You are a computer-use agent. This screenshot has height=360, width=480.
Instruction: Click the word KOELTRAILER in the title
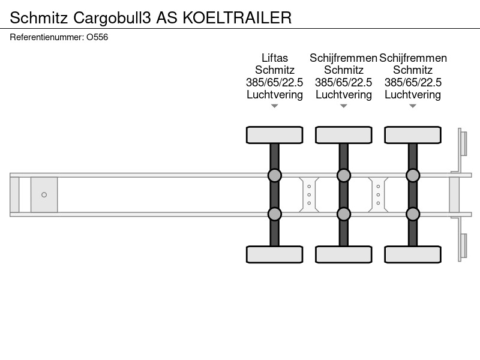point(237,18)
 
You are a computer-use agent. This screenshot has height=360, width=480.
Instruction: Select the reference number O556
point(97,37)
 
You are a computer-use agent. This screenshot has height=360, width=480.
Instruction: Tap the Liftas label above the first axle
point(275,58)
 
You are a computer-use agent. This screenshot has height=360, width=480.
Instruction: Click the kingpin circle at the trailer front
point(44,194)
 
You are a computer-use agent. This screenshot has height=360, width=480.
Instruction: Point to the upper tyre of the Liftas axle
point(275,135)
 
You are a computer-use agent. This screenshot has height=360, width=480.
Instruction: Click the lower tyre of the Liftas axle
point(275,254)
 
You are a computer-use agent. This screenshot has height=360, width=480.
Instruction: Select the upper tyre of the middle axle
point(344,135)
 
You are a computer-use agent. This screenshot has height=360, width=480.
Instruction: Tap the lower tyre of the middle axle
point(344,254)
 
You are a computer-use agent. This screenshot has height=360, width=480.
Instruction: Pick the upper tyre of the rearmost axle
point(413,135)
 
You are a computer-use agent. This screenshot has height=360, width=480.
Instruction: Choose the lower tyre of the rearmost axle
point(413,254)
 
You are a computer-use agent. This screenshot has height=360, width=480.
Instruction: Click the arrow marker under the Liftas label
point(275,106)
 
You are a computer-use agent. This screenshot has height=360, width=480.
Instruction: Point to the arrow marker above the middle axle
point(344,106)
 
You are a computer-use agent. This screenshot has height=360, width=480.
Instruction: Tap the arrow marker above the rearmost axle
point(413,106)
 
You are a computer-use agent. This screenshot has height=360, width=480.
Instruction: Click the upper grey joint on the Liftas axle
point(275,175)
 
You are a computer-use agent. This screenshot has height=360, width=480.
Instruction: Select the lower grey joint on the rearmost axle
point(413,214)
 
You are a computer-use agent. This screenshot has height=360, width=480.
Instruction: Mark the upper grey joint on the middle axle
point(344,175)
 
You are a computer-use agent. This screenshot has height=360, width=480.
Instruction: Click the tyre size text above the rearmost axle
point(413,82)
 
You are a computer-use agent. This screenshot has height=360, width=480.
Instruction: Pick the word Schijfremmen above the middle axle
point(343,58)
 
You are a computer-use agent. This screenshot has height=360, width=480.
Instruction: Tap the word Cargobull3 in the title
point(112,18)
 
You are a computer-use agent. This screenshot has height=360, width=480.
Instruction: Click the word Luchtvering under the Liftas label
point(275,95)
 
